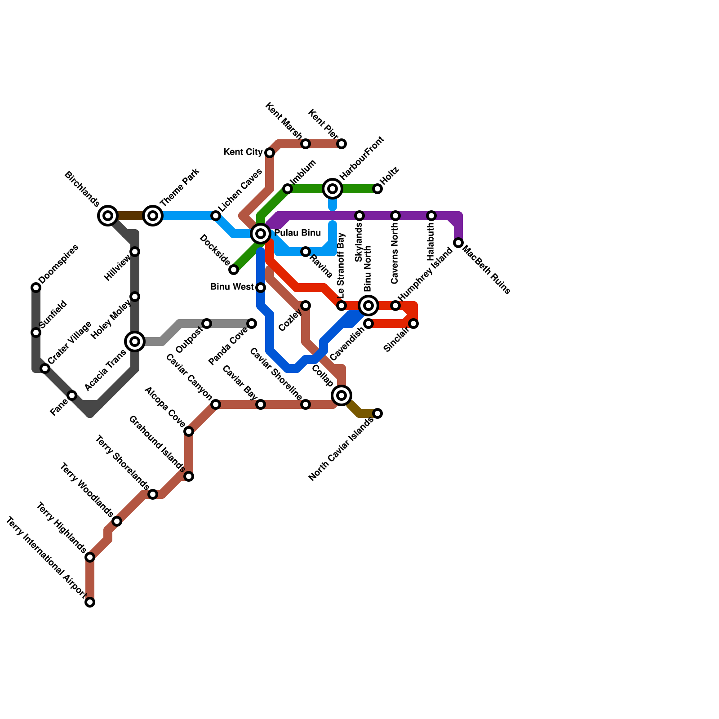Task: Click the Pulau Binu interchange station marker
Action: [x=261, y=234]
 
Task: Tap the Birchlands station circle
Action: [x=108, y=216]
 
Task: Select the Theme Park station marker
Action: [x=153, y=216]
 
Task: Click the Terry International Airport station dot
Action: [x=90, y=602]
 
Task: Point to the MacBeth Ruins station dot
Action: [x=458, y=243]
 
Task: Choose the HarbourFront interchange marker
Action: [x=333, y=189]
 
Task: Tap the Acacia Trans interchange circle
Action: [x=135, y=342]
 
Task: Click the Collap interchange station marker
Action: [x=342, y=395]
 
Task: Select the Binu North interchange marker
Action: [x=368, y=306]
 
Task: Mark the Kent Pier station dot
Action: [x=342, y=144]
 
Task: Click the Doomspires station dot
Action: [x=36, y=288]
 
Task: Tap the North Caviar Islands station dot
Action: [x=377, y=413]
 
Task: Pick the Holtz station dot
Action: [x=377, y=189]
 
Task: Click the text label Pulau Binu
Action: [x=297, y=233]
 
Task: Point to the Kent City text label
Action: [x=243, y=152]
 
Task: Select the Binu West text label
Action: [x=232, y=287]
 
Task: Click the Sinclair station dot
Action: [x=413, y=324]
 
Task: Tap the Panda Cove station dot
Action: [x=252, y=324]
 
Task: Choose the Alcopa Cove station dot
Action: [x=189, y=431]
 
